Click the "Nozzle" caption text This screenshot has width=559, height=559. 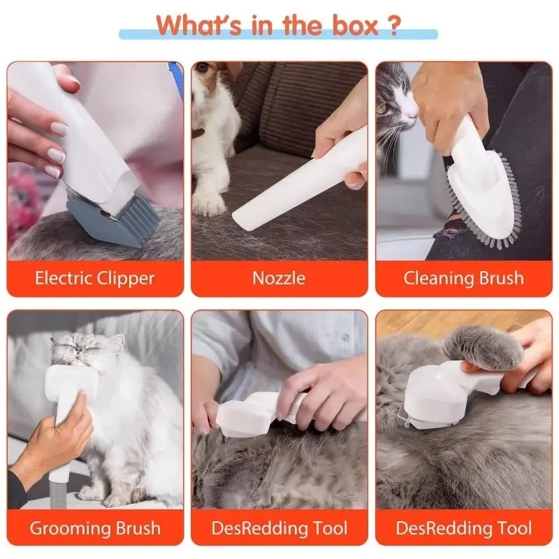(279, 278)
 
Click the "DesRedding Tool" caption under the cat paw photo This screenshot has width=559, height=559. (463, 528)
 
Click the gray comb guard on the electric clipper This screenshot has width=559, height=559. (105, 220)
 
